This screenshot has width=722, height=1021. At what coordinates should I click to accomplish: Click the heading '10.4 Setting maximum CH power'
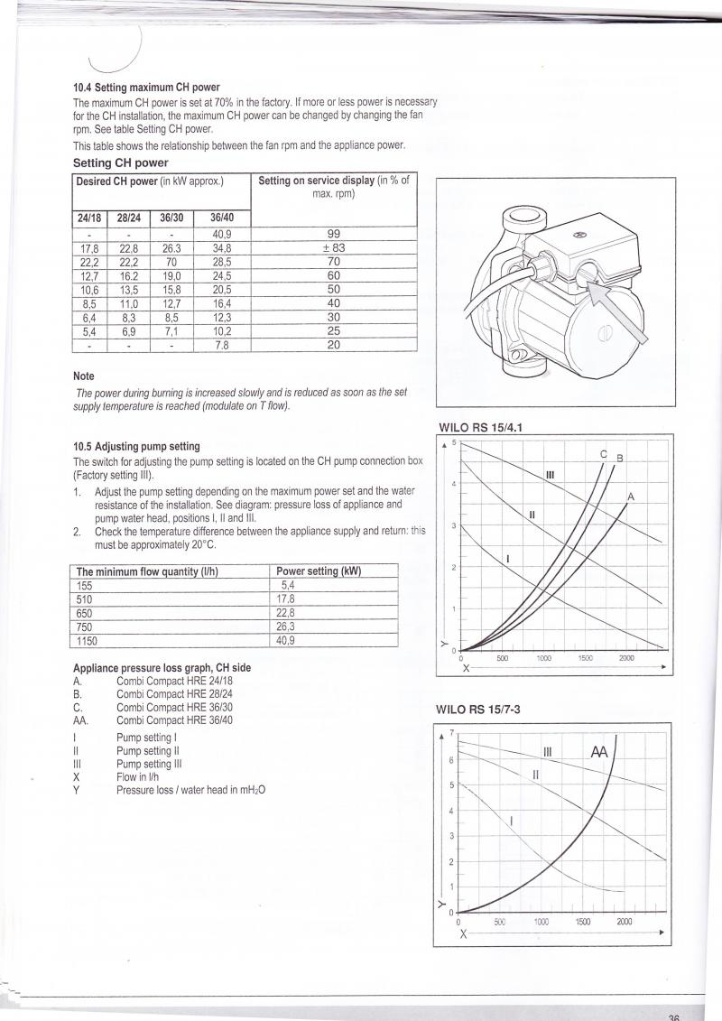146,88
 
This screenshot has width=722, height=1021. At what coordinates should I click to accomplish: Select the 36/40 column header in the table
220,218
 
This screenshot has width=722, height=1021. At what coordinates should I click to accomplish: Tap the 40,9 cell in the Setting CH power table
220,233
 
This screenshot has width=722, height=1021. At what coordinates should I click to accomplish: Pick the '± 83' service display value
333,247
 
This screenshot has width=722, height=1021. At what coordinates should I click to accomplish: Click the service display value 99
333,233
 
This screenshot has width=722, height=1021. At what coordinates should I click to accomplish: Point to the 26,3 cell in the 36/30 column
171,248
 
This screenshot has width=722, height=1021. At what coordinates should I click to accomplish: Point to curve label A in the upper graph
631,497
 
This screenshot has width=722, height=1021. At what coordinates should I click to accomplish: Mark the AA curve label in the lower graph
599,752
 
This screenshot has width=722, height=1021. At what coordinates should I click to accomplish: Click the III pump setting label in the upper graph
551,475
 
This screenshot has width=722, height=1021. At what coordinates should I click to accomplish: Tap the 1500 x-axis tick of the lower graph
582,922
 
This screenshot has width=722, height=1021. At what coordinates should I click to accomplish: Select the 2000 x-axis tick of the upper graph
626,659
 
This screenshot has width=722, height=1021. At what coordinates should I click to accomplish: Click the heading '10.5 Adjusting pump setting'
136,446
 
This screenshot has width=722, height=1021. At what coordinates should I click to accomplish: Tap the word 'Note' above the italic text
83,376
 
